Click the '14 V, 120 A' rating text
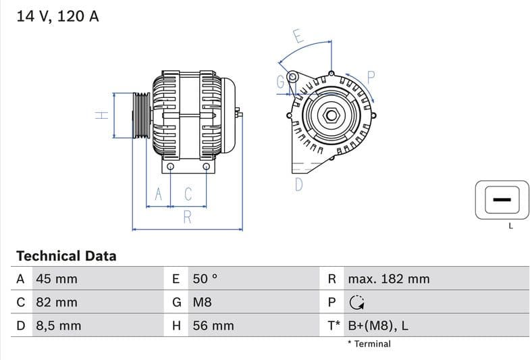(57, 17)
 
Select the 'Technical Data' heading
(66, 256)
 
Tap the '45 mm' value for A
(56, 279)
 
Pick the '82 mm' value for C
(56, 303)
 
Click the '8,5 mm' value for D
(58, 326)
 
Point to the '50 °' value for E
(205, 279)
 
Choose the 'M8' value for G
(203, 303)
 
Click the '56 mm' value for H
(213, 326)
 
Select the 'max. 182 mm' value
(388, 279)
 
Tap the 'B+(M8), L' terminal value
(377, 326)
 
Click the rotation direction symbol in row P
(356, 303)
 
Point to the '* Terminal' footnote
(369, 344)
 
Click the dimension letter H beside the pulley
(101, 115)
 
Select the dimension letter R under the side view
(188, 217)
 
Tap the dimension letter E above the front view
(298, 36)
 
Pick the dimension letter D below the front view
(298, 184)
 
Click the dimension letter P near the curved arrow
(371, 76)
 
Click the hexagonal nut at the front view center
(331, 115)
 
